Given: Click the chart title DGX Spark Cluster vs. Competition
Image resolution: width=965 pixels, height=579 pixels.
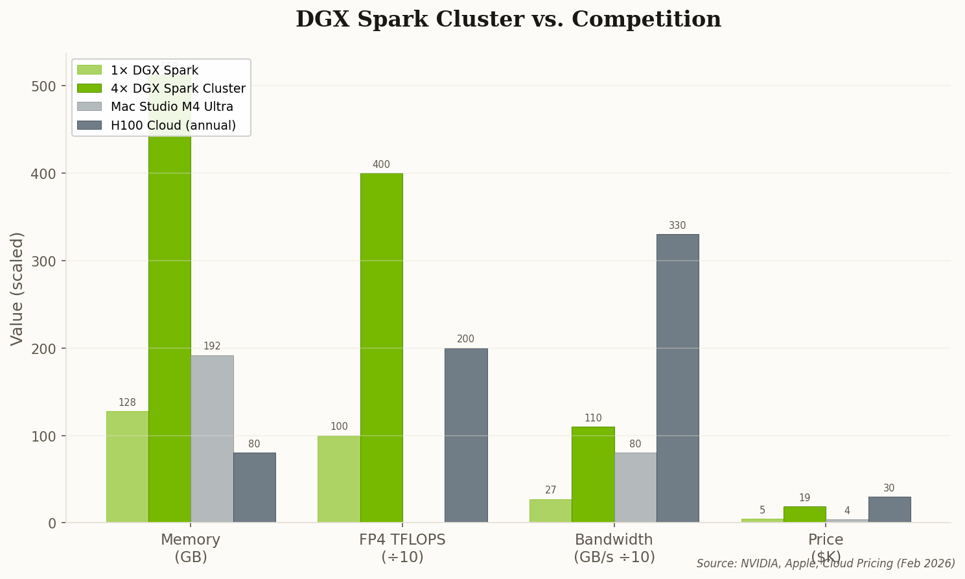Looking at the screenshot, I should (508, 19).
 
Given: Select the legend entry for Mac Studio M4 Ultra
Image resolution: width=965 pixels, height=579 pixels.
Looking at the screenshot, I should (171, 106).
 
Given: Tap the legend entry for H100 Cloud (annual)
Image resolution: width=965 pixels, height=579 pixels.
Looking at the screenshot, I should (172, 125).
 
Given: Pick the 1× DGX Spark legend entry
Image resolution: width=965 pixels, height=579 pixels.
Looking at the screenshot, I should (154, 70).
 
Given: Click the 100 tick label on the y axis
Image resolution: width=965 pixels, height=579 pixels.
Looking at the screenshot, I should (44, 436).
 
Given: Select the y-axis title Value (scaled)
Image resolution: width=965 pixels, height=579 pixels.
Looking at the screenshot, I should (17, 289).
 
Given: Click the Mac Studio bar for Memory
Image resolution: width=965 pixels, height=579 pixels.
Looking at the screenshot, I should (212, 439).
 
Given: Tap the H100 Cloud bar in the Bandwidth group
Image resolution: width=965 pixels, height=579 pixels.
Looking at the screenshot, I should (677, 378).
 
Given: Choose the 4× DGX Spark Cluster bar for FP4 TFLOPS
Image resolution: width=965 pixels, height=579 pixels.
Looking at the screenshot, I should (381, 348).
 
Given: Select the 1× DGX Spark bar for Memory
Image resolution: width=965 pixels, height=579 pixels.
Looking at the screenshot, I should (127, 467).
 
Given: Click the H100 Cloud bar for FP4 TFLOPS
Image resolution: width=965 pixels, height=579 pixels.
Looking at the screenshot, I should (465, 435).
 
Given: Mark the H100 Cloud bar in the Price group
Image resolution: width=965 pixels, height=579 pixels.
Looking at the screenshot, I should (889, 510).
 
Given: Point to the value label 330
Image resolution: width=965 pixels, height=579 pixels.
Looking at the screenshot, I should (677, 226).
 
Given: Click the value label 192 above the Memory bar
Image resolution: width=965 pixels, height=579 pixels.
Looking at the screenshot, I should (212, 346).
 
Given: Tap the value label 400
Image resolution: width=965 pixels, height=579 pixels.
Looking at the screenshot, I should (381, 165).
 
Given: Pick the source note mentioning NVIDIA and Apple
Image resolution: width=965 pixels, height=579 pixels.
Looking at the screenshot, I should (825, 563).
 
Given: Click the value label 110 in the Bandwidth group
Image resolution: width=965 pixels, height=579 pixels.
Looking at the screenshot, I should (593, 418).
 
